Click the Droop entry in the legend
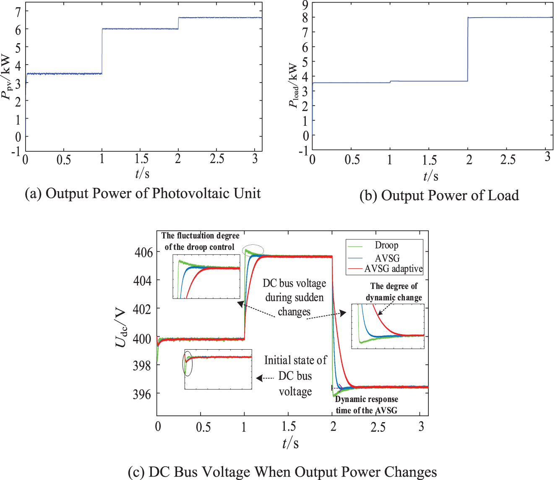pos(386,245)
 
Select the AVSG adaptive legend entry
pos(393,269)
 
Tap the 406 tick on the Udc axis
pos(143,252)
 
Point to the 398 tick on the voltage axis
pos(143,366)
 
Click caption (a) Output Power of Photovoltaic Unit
pos(143,193)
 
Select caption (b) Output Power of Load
pos(439,195)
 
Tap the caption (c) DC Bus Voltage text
pos(282,472)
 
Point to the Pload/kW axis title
pos(294,86)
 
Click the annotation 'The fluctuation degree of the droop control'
pos(200,241)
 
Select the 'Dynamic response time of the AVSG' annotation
pos(366,405)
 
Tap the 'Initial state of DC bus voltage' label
pos(295,376)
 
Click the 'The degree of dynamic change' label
pos(394,292)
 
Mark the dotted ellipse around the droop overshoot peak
pos(253,250)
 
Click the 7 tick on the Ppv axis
pos(18,12)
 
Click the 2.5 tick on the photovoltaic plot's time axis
pos(217,159)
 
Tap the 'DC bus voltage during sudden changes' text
pos(294,298)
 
